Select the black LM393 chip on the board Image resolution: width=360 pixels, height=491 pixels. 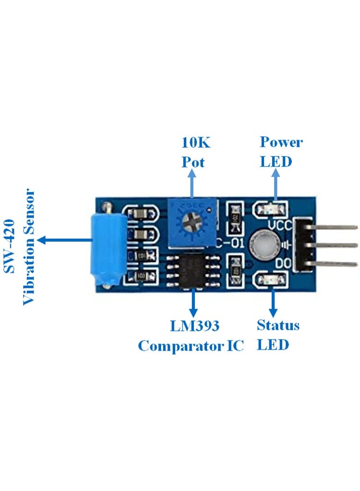pos(193,272)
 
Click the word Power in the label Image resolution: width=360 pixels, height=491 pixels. pos(281,142)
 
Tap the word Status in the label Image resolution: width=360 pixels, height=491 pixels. pos(278,325)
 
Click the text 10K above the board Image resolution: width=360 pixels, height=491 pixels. pos(195,142)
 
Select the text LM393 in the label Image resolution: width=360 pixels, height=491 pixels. pos(194,326)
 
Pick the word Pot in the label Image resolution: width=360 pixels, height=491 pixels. pos(192,162)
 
